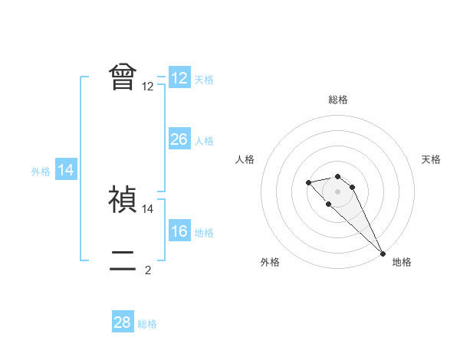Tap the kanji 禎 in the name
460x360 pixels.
(123, 199)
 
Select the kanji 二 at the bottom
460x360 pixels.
(123, 260)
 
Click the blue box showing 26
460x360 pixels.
(179, 139)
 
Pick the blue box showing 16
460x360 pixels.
(179, 232)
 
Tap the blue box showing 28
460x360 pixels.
(123, 322)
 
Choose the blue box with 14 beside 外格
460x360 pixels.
(66, 171)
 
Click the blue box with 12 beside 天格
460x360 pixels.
(179, 78)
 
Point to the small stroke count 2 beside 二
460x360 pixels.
(148, 270)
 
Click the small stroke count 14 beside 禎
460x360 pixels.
(148, 208)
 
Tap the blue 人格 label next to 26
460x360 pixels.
(204, 141)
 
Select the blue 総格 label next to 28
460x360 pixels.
(147, 324)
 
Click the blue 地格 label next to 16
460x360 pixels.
(204, 233)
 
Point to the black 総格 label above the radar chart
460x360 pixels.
(337, 100)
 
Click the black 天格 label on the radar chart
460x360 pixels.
(431, 159)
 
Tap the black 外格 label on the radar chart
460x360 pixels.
(270, 262)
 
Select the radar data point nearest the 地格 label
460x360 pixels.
(383, 254)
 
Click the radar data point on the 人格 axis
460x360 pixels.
(308, 182)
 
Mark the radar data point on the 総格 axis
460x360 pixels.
(337, 177)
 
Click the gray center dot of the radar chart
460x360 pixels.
(337, 191)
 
